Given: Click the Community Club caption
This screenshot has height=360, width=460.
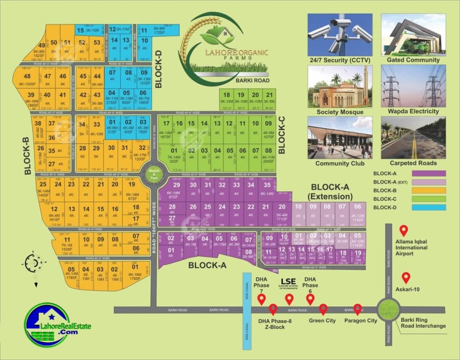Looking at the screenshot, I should point(340,164).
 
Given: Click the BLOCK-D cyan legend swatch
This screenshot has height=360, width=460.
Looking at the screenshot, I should point(428,207).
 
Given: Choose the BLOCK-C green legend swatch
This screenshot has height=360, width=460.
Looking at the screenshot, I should point(428,199).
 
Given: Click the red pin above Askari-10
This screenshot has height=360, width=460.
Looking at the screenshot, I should point(406,278).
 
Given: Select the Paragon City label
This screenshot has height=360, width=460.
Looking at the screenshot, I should point(361,320).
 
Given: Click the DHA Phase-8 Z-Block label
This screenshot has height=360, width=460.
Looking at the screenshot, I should point(275,324).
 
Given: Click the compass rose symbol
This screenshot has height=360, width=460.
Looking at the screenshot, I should point(34,262).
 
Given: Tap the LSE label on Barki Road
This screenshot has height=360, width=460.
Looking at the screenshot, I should point(289,280).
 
